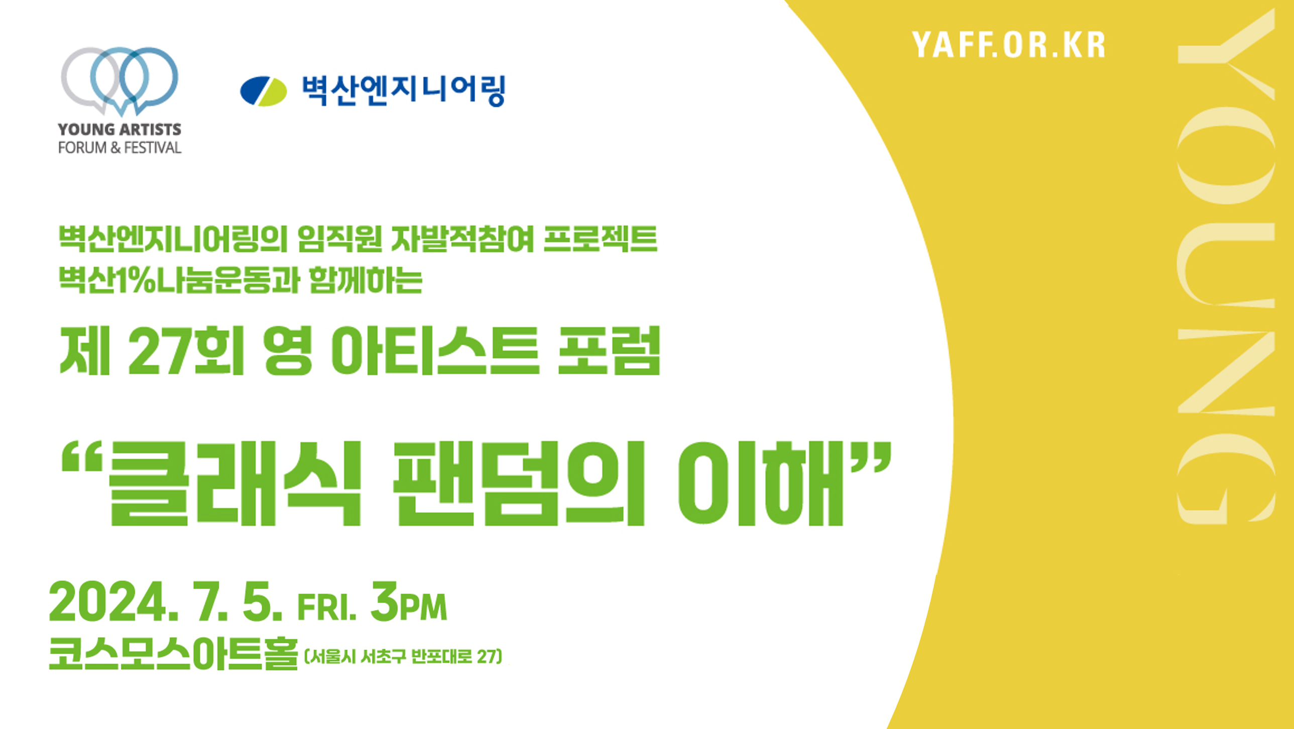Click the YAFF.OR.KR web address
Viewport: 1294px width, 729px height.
(1009, 45)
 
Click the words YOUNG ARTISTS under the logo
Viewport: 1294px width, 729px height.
(120, 129)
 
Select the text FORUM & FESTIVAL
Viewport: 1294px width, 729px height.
(120, 148)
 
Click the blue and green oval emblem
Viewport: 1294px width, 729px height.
(263, 91)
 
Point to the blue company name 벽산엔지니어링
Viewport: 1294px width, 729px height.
(403, 91)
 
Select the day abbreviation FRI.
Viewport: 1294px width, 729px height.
(327, 608)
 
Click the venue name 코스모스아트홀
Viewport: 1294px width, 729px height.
(173, 653)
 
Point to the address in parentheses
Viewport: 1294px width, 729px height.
(403, 656)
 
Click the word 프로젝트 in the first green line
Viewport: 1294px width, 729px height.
(600, 238)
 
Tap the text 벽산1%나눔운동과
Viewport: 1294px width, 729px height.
(179, 279)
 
